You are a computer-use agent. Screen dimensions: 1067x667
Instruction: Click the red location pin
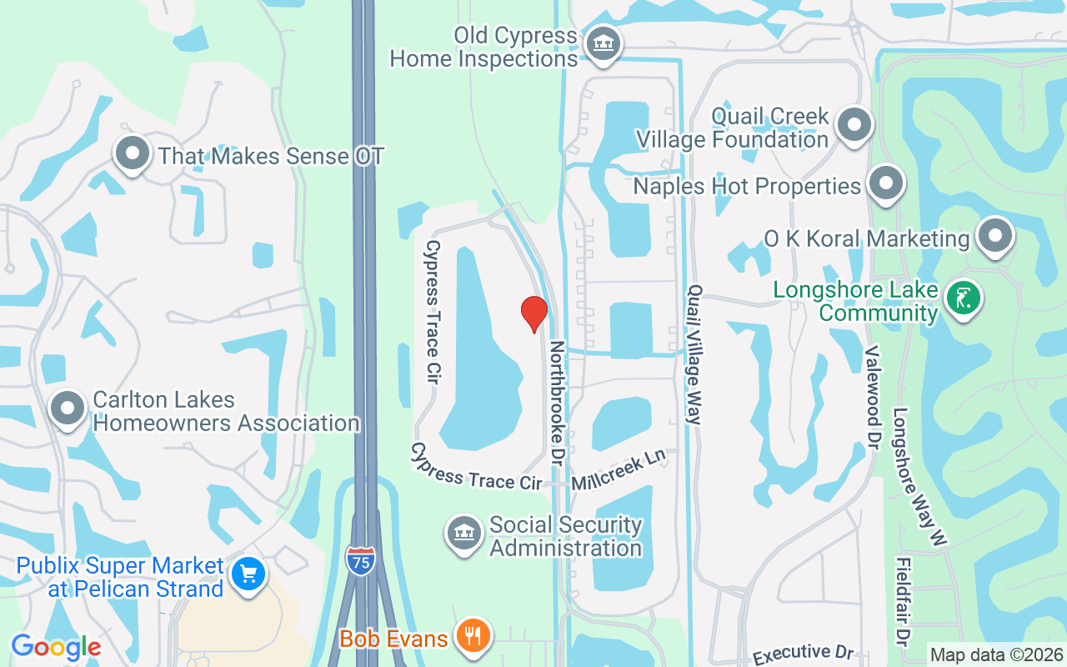tap(533, 313)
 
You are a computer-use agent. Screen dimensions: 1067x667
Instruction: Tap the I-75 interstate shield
tap(360, 559)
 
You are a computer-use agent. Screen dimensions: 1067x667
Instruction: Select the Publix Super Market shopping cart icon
tap(248, 574)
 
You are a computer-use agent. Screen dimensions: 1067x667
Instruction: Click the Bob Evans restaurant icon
tap(473, 636)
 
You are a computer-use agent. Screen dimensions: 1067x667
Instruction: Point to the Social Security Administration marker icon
tap(464, 534)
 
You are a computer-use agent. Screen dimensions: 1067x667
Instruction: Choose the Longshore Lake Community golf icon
tap(963, 298)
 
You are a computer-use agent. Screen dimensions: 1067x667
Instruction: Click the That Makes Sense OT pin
tap(132, 153)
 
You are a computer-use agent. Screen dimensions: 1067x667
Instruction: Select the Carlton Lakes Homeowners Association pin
tap(68, 409)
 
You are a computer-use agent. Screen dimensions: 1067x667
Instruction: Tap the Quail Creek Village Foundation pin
tap(854, 126)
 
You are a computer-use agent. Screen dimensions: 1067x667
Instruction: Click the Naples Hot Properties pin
tap(885, 183)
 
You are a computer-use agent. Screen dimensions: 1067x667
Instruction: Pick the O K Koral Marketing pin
tap(994, 237)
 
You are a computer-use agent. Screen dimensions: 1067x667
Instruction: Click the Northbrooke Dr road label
tap(557, 403)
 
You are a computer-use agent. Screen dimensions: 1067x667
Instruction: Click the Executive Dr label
tap(804, 654)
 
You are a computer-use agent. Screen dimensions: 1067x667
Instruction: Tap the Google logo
tap(56, 647)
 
